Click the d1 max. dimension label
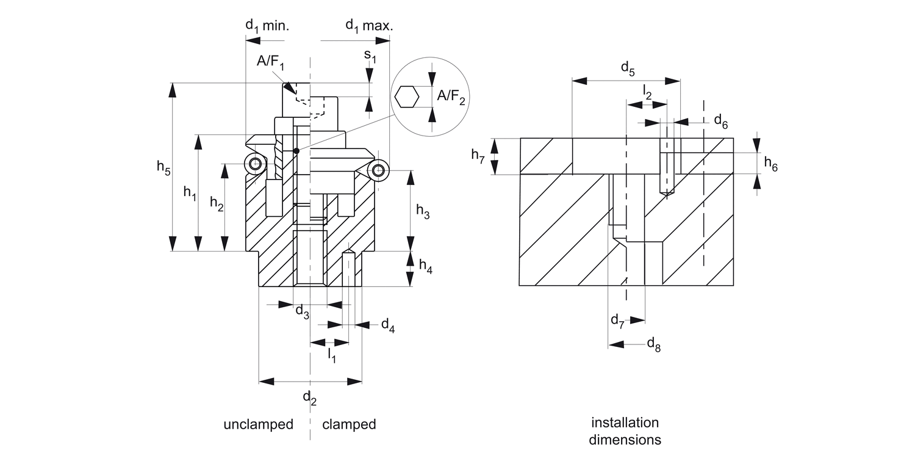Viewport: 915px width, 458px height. [x=370, y=26]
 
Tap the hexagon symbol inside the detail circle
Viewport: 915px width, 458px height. [x=407, y=96]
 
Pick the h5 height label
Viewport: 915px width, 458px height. [x=163, y=167]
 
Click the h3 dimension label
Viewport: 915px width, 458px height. [x=423, y=211]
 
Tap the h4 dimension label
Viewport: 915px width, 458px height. [x=425, y=266]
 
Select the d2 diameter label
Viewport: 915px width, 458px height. [x=310, y=398]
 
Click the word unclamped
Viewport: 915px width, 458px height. [x=258, y=424]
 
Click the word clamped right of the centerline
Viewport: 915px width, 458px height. [x=349, y=424]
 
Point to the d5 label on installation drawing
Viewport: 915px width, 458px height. [x=628, y=69]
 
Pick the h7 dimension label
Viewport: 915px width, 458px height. [x=478, y=155]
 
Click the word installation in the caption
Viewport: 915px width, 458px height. [x=625, y=423]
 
